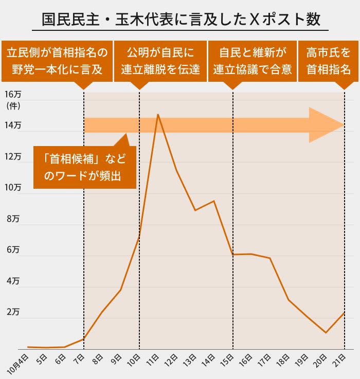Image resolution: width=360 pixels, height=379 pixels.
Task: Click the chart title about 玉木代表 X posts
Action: tap(181, 20)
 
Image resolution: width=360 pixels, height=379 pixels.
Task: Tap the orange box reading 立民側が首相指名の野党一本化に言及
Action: tap(57, 61)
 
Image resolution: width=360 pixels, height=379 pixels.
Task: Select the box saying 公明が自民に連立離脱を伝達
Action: tap(160, 61)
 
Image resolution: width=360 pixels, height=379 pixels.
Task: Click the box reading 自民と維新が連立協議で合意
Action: tap(252, 61)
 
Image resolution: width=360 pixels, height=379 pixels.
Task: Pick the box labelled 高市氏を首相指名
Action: tap(328, 61)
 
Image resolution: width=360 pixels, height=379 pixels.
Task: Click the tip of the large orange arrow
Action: tap(343, 125)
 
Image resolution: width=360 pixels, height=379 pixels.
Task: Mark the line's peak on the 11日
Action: tap(158, 114)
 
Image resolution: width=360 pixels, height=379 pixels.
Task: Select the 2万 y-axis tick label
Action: tap(14, 312)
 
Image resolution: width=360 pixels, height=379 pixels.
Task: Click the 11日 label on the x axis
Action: tap(152, 359)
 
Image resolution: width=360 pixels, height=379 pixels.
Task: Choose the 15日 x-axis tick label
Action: tap(227, 359)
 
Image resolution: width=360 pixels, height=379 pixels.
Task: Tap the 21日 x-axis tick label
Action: tap(339, 359)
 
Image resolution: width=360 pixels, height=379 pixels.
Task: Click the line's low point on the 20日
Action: tap(326, 333)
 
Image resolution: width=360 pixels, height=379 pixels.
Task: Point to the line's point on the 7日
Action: tap(83, 339)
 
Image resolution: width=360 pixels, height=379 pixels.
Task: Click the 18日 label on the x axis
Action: tap(283, 359)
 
